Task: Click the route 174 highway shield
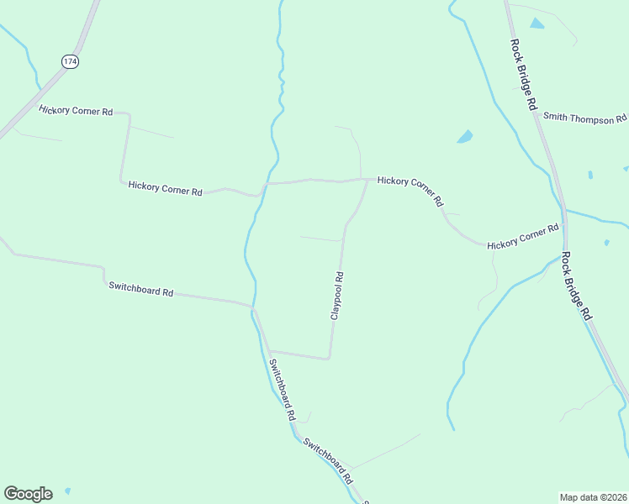(70, 61)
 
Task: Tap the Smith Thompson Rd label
(584, 118)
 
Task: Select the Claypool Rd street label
(337, 295)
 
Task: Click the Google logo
(28, 494)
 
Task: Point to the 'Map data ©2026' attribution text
(593, 496)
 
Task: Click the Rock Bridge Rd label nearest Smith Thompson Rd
(522, 75)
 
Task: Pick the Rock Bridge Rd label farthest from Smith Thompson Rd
(577, 286)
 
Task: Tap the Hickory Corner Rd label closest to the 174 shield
(76, 110)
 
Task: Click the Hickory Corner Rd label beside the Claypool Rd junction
(410, 191)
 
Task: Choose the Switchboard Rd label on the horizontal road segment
(140, 289)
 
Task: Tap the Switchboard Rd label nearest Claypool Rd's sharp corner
(282, 390)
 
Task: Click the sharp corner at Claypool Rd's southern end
(329, 358)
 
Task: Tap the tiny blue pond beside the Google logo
(66, 491)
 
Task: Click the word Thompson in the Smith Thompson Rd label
(592, 118)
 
